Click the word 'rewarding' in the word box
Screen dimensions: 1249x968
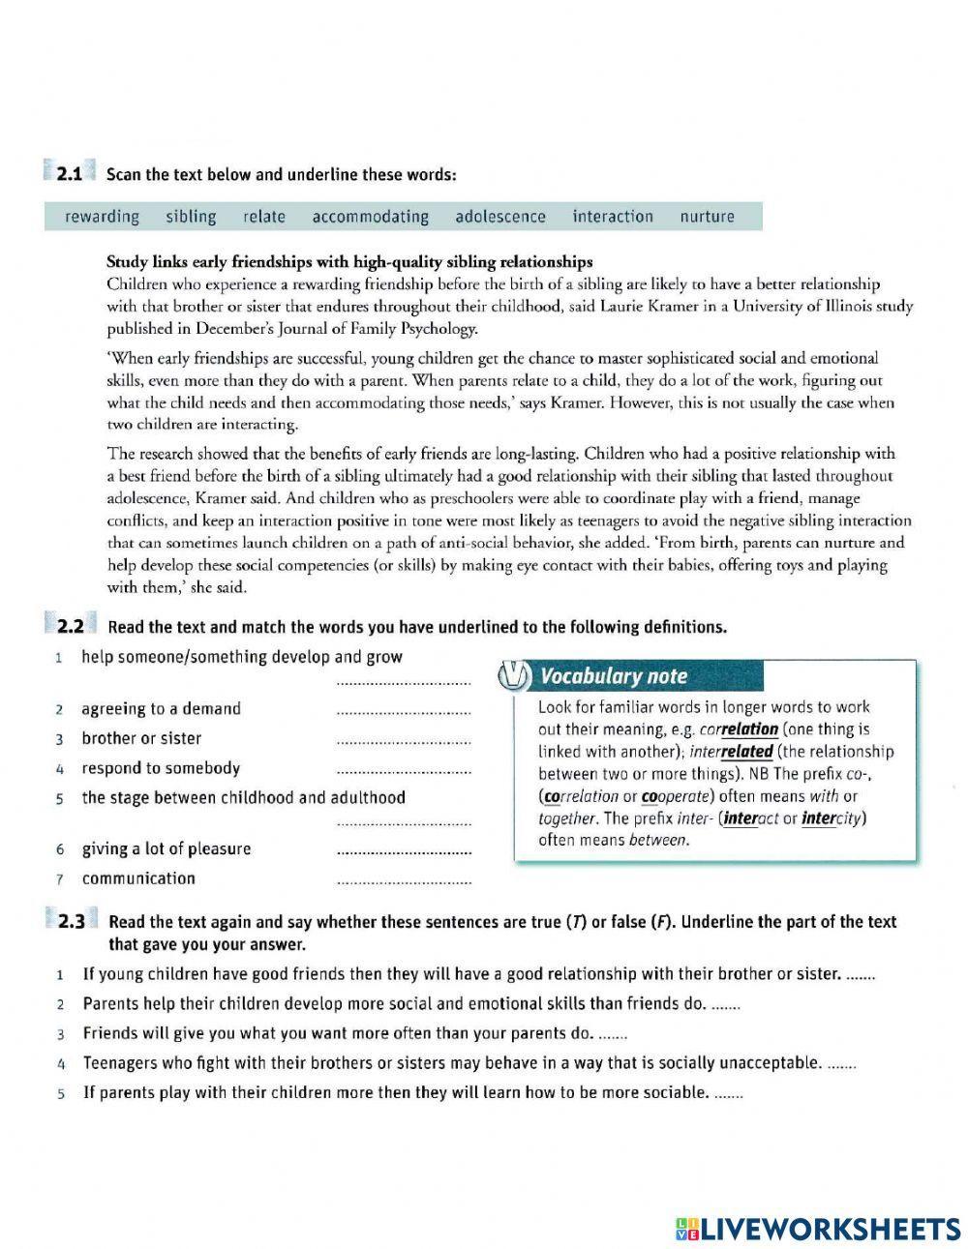[102, 217]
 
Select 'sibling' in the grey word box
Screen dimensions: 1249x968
[191, 217]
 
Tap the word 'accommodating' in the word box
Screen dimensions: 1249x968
[370, 217]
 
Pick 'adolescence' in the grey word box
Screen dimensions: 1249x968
[500, 217]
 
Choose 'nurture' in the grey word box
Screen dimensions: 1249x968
[707, 217]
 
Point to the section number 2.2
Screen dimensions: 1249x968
[70, 626]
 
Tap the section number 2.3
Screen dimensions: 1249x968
[71, 922]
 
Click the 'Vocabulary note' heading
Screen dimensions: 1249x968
[614, 676]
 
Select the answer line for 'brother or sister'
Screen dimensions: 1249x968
[403, 743]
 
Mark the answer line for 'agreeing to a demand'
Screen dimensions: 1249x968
[403, 714]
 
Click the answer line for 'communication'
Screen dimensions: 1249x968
[403, 883]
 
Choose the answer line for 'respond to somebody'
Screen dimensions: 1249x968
[403, 773]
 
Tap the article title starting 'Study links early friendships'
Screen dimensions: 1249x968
[348, 262]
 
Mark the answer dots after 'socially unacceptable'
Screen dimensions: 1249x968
[843, 1065]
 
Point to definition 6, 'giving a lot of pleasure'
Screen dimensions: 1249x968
[166, 849]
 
